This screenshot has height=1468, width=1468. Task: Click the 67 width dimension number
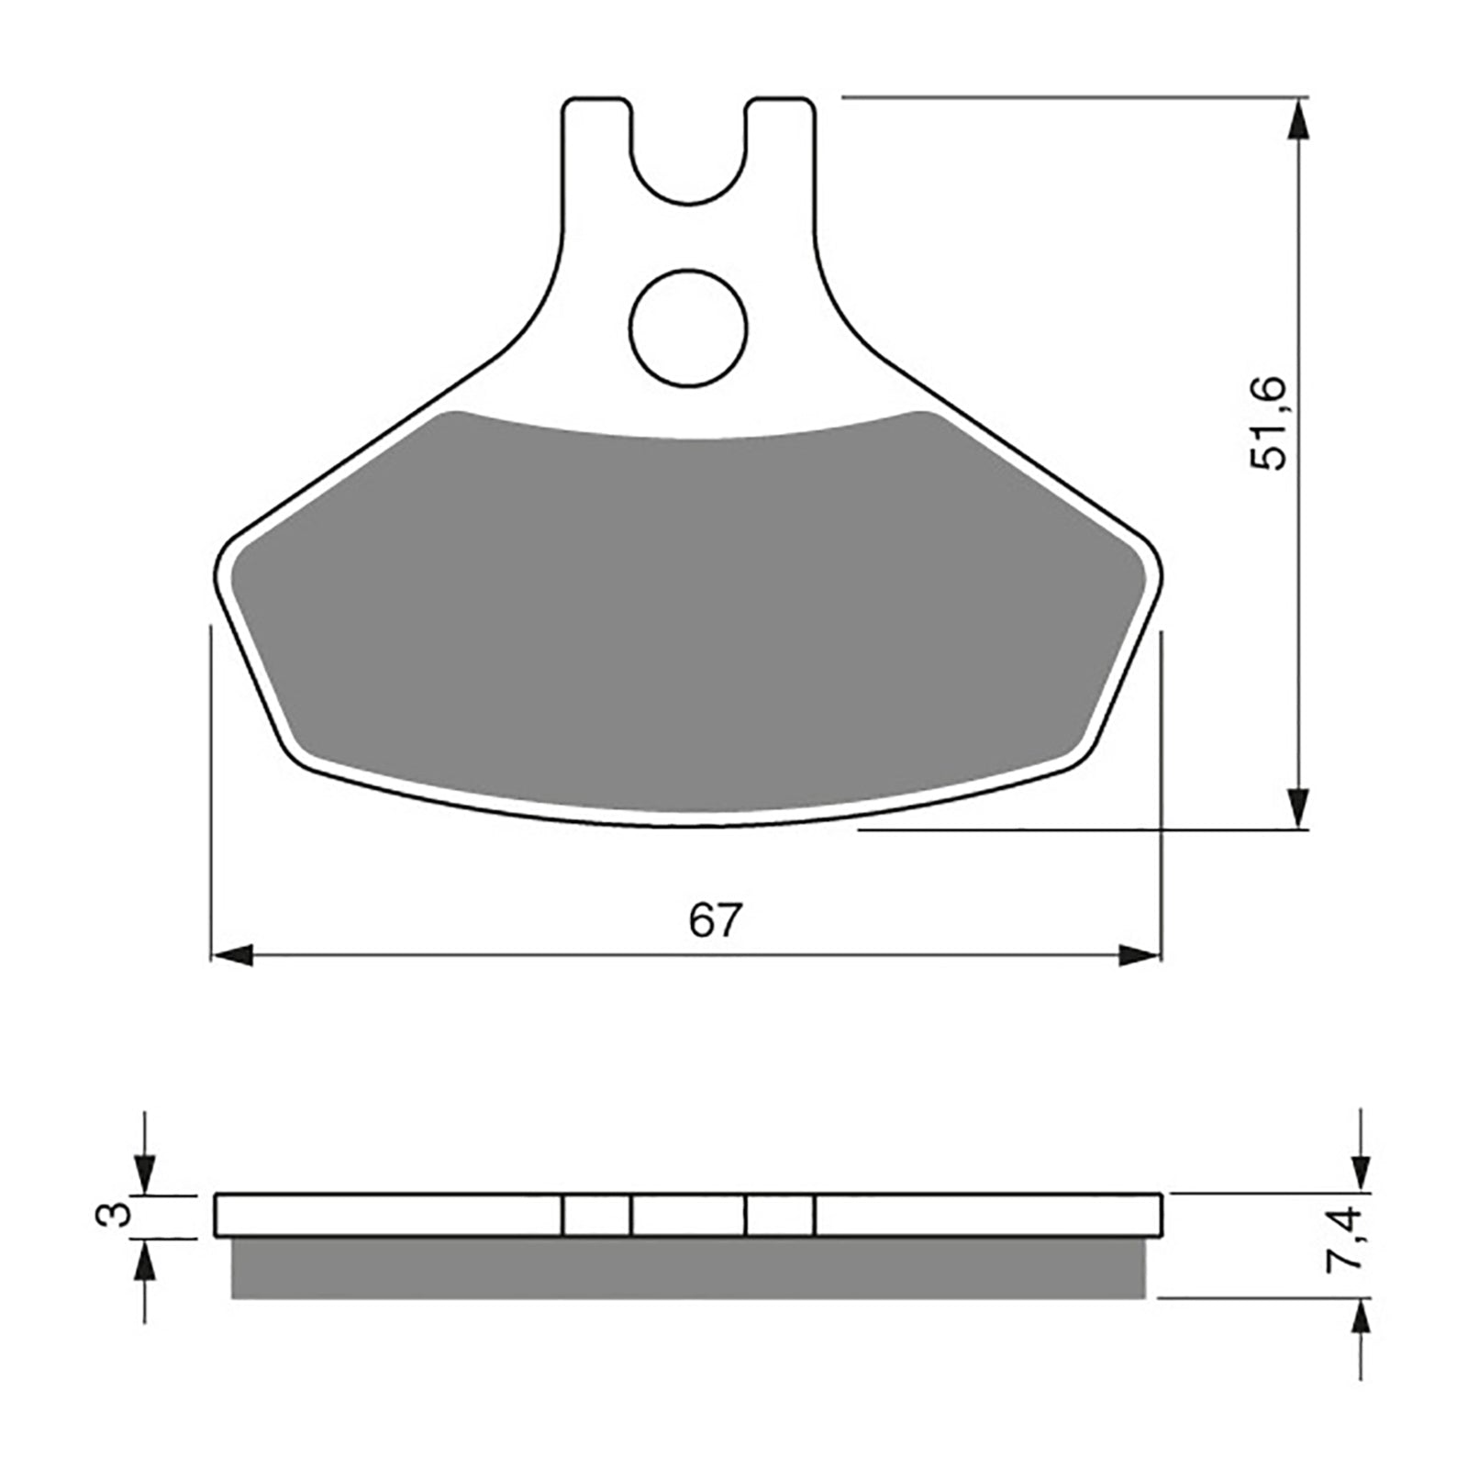(x=714, y=920)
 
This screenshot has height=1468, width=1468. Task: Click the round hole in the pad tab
(x=688, y=328)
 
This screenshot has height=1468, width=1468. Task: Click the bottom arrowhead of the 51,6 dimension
(x=1297, y=807)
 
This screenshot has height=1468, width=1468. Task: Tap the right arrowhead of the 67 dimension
(x=1140, y=955)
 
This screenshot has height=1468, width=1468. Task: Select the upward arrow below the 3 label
(x=144, y=1262)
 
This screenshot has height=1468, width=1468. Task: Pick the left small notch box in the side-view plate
(x=596, y=1216)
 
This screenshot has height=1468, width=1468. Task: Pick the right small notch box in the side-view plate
(x=780, y=1216)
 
